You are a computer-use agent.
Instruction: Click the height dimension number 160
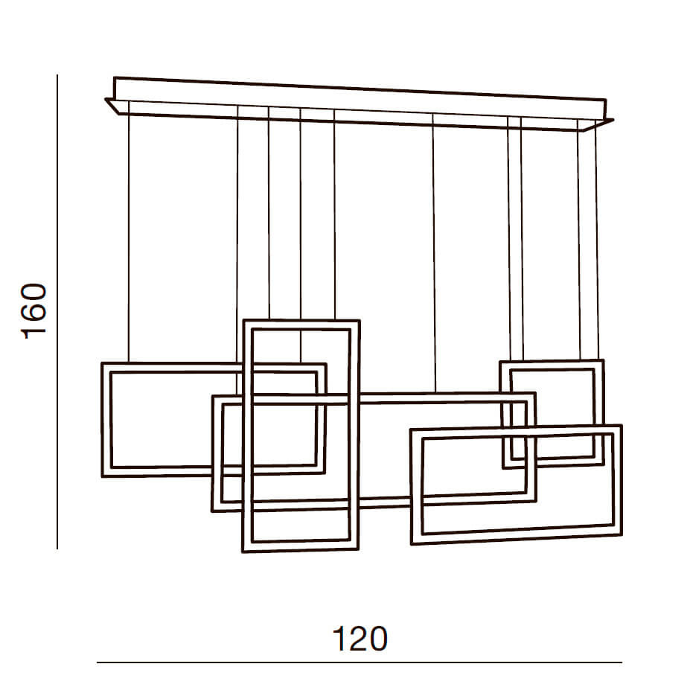click(33, 310)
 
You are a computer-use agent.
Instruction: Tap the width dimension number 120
click(360, 639)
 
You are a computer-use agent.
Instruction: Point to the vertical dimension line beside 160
click(57, 312)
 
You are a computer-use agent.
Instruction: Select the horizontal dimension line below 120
click(360, 662)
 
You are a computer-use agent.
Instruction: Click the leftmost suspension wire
click(129, 238)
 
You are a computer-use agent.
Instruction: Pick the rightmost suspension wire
click(597, 244)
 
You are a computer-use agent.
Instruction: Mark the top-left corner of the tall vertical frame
click(244, 320)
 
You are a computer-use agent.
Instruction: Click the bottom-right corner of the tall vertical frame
click(357, 550)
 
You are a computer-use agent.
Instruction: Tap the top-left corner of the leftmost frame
click(102, 363)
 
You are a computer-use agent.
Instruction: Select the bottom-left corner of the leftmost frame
click(103, 477)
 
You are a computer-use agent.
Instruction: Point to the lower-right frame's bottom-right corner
click(622, 534)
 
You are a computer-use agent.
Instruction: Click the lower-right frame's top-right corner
click(622, 426)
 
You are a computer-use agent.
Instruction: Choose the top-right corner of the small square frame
click(604, 360)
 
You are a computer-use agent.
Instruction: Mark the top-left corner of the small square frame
click(500, 362)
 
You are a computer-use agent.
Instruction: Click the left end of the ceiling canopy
click(106, 99)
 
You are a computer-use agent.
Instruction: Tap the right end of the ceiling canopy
click(613, 119)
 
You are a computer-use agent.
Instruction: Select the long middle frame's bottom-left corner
click(212, 511)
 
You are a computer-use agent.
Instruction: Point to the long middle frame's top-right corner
click(535, 393)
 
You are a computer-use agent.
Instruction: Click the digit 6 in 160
click(33, 310)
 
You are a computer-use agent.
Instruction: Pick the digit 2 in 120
click(360, 638)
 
